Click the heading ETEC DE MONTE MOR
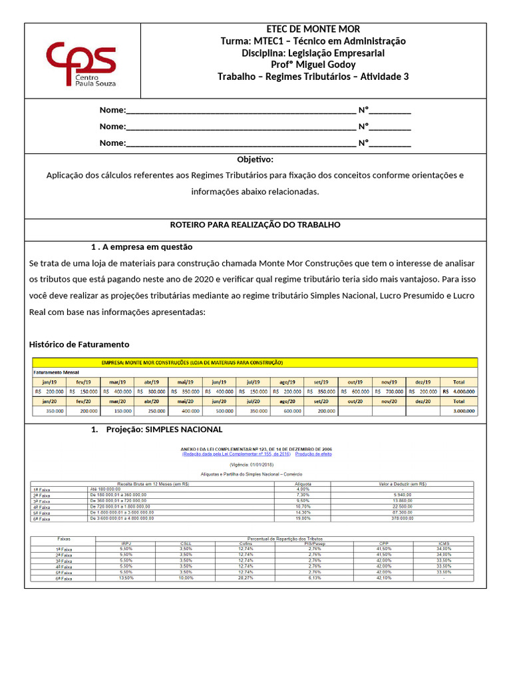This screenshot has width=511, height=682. click(313, 29)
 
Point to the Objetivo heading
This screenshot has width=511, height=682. click(255, 160)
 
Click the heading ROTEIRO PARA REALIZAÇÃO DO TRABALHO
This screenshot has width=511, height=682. click(255, 225)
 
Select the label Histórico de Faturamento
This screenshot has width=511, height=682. click(79, 344)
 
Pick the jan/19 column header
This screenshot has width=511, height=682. click(49, 382)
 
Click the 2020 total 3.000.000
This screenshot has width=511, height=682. click(460, 412)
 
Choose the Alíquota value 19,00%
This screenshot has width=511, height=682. click(303, 517)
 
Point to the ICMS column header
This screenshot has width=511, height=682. click(443, 543)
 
